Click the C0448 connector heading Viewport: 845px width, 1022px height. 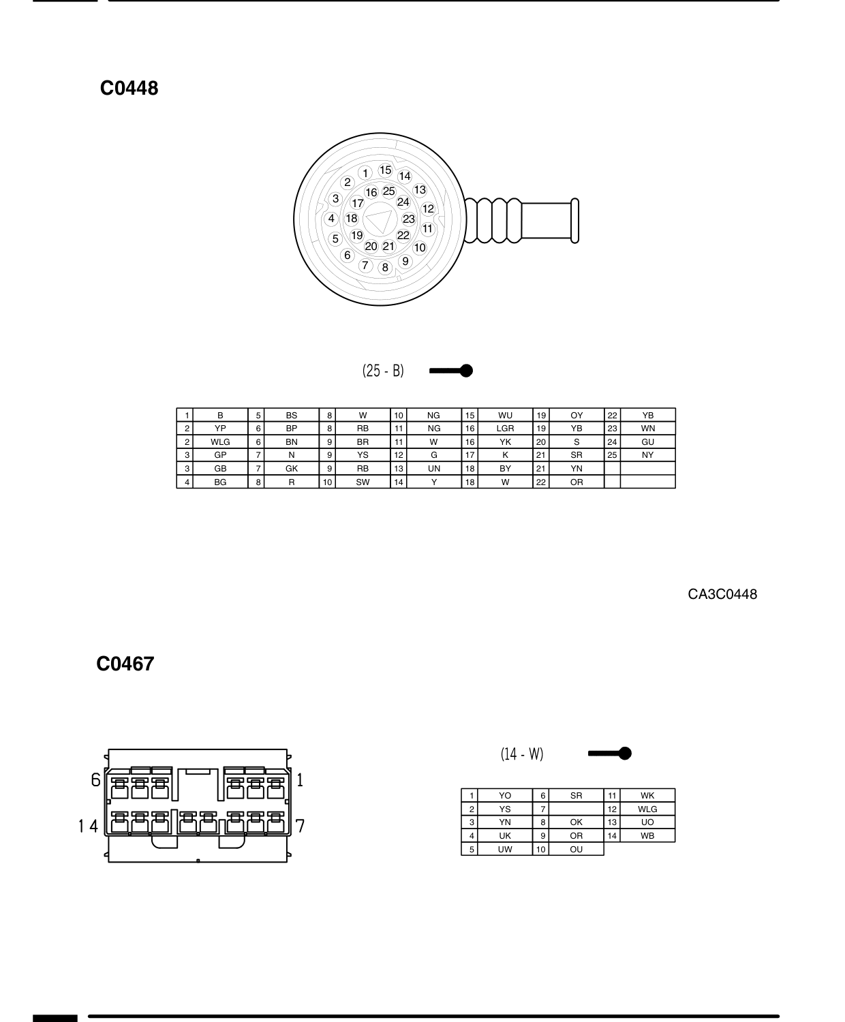point(129,89)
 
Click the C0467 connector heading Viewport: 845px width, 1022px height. point(125,664)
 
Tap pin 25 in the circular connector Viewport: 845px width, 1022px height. point(388,191)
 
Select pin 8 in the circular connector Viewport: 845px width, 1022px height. point(385,268)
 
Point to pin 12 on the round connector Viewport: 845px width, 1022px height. point(428,209)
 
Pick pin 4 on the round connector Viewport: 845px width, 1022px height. point(331,218)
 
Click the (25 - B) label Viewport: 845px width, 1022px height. point(383,371)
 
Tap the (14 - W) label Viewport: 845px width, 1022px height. point(522,754)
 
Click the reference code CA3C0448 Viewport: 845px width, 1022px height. point(722,594)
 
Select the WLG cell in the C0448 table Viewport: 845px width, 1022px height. point(220,442)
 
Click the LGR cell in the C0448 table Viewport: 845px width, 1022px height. point(505,429)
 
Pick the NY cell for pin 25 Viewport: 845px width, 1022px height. point(647,455)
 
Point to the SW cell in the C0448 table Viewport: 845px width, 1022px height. point(363,482)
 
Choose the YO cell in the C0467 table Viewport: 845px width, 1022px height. point(505,796)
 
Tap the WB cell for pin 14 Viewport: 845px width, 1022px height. point(647,836)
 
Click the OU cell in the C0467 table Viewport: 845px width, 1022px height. point(577,850)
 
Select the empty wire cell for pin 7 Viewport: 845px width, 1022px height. point(577,809)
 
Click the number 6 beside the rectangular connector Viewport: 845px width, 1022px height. point(96,779)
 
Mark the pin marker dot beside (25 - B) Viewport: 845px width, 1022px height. point(467,371)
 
